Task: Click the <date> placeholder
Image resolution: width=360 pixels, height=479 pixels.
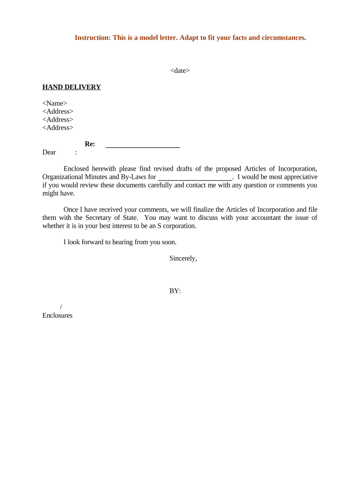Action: coord(180,71)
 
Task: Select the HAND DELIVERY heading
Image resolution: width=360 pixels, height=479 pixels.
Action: coord(72,87)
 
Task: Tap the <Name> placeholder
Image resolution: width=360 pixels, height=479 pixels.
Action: coord(55,103)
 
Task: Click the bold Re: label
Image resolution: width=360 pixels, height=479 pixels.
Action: coord(90,144)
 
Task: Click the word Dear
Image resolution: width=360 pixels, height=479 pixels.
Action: coord(49,152)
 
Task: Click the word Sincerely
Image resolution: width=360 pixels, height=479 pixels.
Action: coord(183,258)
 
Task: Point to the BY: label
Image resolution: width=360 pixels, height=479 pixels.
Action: coord(175,291)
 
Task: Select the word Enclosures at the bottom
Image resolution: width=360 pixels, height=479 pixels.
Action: coord(58,315)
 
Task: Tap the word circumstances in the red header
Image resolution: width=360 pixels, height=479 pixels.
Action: coord(283,37)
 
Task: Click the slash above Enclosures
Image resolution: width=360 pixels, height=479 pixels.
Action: coord(61,307)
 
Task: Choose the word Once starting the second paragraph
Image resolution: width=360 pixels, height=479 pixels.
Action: coord(71,210)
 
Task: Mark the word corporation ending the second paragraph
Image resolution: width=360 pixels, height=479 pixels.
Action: coord(180,226)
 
